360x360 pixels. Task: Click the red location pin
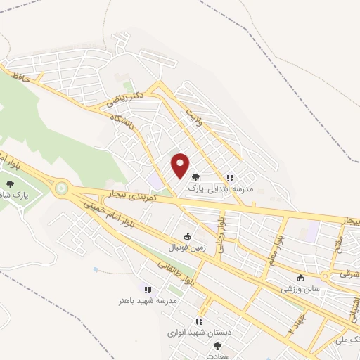click(181, 165)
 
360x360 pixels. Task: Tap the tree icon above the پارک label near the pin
click(195, 178)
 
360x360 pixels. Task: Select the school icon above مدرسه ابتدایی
click(230, 178)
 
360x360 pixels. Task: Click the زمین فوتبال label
click(185, 248)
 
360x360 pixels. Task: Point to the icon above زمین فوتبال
click(187, 237)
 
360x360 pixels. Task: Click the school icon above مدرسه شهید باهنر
click(148, 289)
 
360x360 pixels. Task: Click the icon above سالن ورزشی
click(302, 277)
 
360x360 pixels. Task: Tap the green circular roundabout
click(62, 188)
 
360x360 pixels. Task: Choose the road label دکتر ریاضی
click(126, 98)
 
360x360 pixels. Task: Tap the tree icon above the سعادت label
click(217, 346)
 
